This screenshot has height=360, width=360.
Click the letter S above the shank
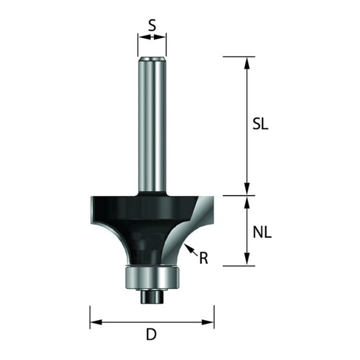[x=152, y=25]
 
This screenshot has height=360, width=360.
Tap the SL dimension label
[x=260, y=124]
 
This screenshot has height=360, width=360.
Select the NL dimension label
[x=262, y=232]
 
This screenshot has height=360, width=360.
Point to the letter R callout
[x=203, y=258]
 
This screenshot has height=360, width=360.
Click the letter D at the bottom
[x=151, y=334]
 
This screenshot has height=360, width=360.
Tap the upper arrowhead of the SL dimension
[x=247, y=63]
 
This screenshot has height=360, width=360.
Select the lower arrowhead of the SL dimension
[x=247, y=189]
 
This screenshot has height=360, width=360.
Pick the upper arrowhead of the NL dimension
[x=247, y=202]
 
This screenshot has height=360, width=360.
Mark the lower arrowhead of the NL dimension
[x=247, y=259]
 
